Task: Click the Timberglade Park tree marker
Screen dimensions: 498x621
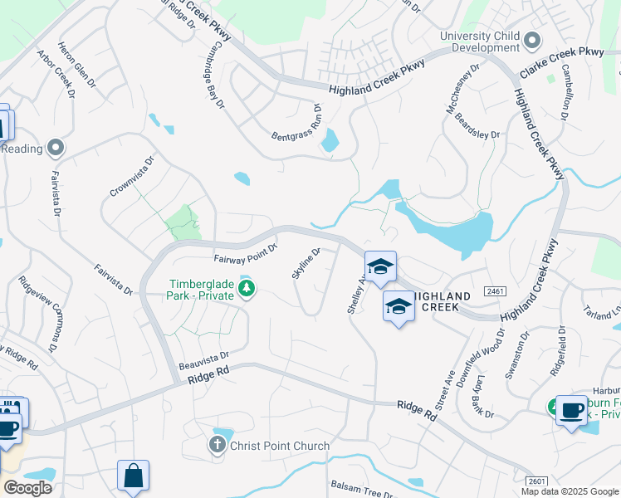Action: tap(246, 289)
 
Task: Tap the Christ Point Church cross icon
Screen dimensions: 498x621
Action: tap(217, 447)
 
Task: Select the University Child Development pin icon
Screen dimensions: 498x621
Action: tap(533, 40)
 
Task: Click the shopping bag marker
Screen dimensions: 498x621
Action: tap(133, 476)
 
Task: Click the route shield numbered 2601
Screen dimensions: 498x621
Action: tap(537, 481)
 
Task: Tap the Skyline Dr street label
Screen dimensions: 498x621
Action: tap(306, 263)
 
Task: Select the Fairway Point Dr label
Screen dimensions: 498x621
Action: tap(245, 252)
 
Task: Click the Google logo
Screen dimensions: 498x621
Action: tap(27, 488)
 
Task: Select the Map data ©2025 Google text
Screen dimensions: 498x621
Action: tap(570, 491)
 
